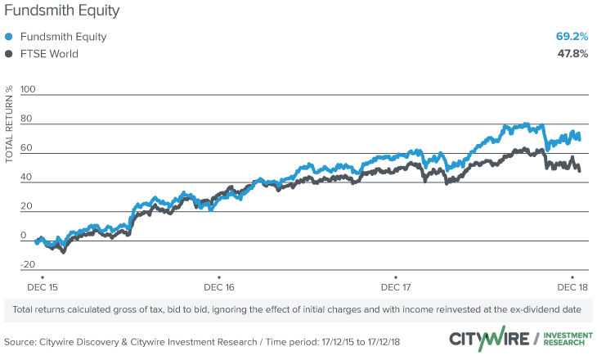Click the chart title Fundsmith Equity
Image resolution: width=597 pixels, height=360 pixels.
[61, 11]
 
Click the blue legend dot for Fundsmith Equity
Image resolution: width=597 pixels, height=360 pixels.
[9, 37]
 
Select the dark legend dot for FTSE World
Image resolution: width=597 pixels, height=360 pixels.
[9, 54]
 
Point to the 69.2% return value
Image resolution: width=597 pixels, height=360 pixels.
[572, 37]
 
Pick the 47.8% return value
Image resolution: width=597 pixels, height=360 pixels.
[572, 54]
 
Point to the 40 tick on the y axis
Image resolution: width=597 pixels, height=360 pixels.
[29, 176]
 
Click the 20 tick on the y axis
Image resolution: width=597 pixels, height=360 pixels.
[29, 205]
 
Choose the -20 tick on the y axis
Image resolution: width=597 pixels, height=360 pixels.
[28, 264]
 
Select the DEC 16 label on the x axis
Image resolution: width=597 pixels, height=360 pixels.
[218, 287]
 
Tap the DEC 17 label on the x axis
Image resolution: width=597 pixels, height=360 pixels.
[396, 287]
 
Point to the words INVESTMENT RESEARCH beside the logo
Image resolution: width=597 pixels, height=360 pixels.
[564, 339]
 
